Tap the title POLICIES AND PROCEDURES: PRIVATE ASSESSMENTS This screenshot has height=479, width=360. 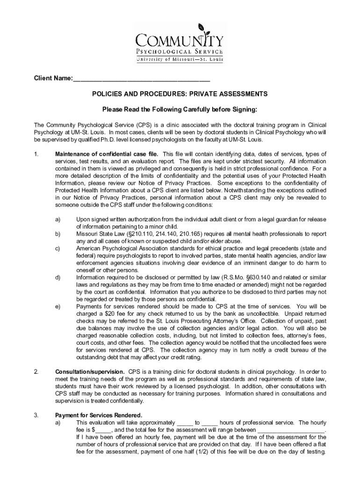pyautogui.click(x=180, y=94)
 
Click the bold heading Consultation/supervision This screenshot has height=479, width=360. pyautogui.click(x=90, y=372)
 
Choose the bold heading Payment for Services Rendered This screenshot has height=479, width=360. pyautogui.click(x=99, y=415)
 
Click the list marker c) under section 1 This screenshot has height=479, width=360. pyautogui.click(x=58, y=248)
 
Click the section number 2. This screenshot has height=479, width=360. pyautogui.click(x=36, y=372)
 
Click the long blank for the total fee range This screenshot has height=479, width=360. pyautogui.click(x=291, y=429)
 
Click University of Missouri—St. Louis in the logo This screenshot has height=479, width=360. pyautogui.click(x=180, y=59)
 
